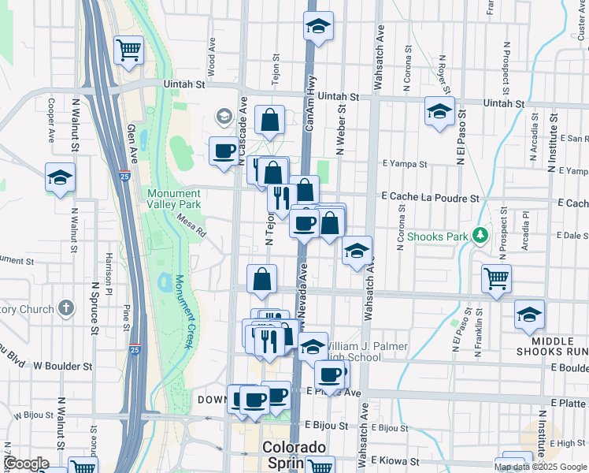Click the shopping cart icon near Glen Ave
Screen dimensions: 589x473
pyautogui.click(x=128, y=50)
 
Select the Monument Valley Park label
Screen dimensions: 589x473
pyautogui.click(x=173, y=199)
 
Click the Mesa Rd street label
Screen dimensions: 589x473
pyautogui.click(x=191, y=226)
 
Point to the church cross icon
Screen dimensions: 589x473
pyautogui.click(x=66, y=307)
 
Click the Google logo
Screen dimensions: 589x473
pyautogui.click(x=26, y=464)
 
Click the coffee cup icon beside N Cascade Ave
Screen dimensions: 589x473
pyautogui.click(x=224, y=151)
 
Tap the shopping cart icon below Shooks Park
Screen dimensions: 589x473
pyautogui.click(x=497, y=278)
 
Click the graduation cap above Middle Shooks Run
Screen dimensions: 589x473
pyautogui.click(x=529, y=314)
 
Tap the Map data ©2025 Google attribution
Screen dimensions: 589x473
pyautogui.click(x=540, y=467)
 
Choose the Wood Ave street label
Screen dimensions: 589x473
pyautogui.click(x=212, y=57)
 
